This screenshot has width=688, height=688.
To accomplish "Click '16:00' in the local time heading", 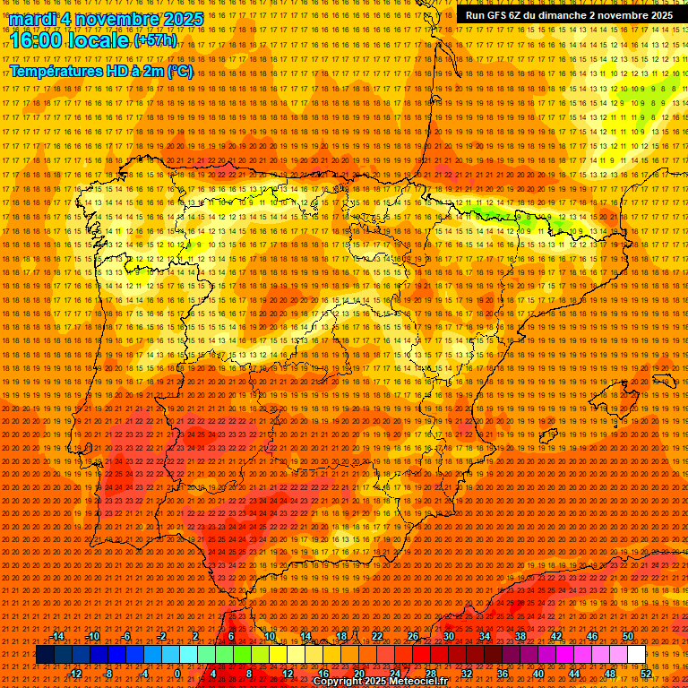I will pyautogui.click(x=37, y=39).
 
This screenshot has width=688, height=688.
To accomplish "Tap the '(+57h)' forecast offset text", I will pyautogui.click(x=155, y=40).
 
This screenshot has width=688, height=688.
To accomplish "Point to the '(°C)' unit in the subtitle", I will pyautogui.click(x=179, y=71).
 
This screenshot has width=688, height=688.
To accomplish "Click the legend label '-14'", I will pyautogui.click(x=57, y=636).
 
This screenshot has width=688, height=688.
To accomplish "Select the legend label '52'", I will pyautogui.click(x=646, y=674).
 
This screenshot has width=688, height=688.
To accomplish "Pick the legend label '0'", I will pyautogui.click(x=178, y=674).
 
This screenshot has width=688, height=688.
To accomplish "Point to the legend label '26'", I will pyautogui.click(x=412, y=636).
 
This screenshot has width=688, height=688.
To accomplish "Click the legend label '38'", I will pyautogui.click(x=520, y=636).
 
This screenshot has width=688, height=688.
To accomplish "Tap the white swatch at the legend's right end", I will pyautogui.click(x=636, y=655).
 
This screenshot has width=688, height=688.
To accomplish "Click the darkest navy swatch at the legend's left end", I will pyautogui.click(x=44, y=655).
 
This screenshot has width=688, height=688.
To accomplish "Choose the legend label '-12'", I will pyautogui.click(x=75, y=674).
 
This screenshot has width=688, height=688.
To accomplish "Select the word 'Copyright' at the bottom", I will pyautogui.click(x=340, y=682).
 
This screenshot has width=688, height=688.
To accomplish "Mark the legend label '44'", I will pyautogui.click(x=574, y=674).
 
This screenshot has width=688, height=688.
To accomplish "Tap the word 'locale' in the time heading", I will pyautogui.click(x=98, y=39).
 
